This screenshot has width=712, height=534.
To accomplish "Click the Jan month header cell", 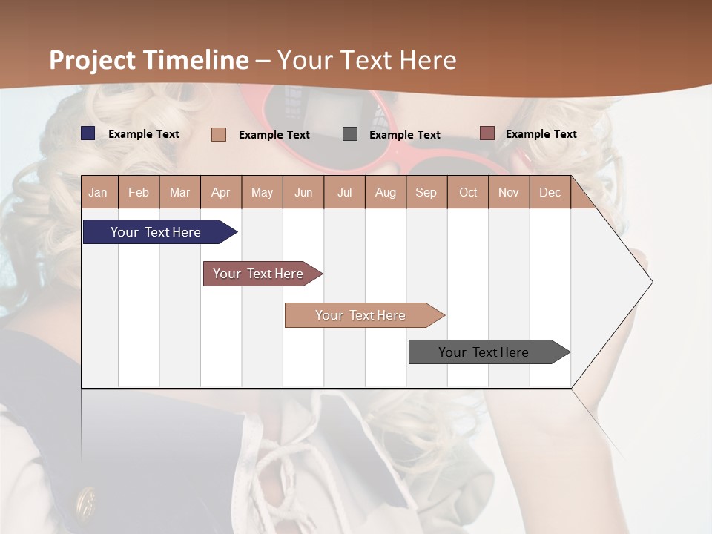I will (99, 192).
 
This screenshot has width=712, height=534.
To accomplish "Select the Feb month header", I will (139, 192).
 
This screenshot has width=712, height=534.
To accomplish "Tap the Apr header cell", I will (221, 192).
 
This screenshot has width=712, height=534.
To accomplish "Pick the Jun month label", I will (303, 192).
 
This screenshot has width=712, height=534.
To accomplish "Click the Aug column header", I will (386, 192).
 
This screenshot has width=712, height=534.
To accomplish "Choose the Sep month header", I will (426, 192).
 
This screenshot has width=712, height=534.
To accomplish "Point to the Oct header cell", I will (468, 192).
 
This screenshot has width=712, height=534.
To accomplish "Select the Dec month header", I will (550, 192).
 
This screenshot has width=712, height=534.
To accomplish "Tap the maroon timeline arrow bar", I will (260, 274).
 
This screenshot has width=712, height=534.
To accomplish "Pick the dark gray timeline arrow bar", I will (486, 352).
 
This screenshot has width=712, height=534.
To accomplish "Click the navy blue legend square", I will (88, 133).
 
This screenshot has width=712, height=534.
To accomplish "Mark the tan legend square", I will (219, 134).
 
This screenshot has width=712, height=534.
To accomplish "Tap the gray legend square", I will (350, 134).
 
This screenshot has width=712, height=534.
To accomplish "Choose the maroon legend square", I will (487, 133).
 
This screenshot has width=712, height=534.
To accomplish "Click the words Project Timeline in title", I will (149, 60).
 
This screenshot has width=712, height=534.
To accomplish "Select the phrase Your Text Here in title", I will (366, 60).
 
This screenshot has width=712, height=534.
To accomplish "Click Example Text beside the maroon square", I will (541, 134).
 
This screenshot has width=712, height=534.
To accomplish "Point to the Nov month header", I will (509, 192).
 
